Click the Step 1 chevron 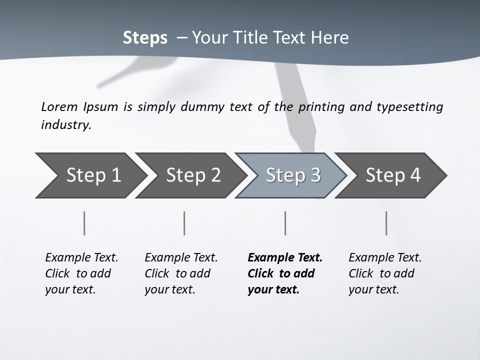point(92,175)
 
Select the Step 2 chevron point(192,175)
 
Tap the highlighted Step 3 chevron point(292,175)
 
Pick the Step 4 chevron point(392,175)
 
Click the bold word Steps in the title point(145,38)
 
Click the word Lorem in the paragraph point(59,106)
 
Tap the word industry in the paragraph point(66,125)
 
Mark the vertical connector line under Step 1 point(84,223)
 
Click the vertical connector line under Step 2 point(184,223)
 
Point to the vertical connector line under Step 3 point(285,223)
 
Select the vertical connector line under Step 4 point(386,223)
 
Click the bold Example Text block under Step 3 point(284,273)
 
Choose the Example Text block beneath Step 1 point(81,273)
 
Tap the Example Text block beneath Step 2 point(181,273)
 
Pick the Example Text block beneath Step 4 point(385,273)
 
